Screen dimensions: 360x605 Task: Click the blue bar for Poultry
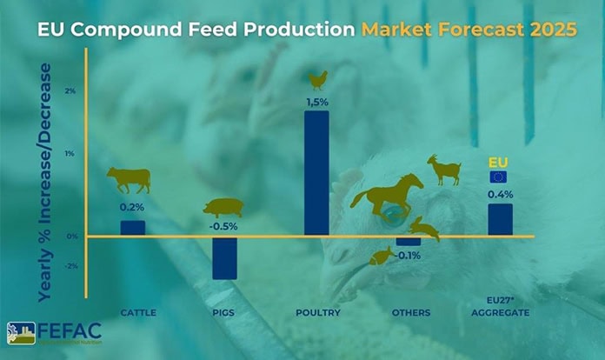point(316,172)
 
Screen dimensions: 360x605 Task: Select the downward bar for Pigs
point(224,257)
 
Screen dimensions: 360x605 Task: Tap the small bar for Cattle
point(133,228)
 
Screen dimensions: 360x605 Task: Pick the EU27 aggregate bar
point(500,219)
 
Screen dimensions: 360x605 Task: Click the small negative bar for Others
point(409,241)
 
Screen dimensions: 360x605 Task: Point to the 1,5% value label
point(316,102)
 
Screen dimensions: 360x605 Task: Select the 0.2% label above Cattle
point(132,208)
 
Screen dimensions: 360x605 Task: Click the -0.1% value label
point(409,256)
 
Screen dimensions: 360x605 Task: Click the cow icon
point(129,179)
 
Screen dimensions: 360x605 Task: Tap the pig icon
point(223,208)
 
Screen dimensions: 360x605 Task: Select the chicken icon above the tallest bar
point(317,80)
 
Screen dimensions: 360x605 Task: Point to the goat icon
point(444,170)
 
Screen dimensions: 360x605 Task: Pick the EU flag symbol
point(498,177)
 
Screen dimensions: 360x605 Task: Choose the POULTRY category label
point(316,311)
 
